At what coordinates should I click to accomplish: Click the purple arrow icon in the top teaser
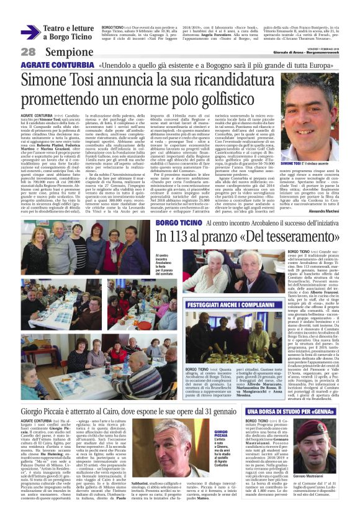(x=31, y=32)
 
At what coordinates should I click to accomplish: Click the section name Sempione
(x=62, y=51)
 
